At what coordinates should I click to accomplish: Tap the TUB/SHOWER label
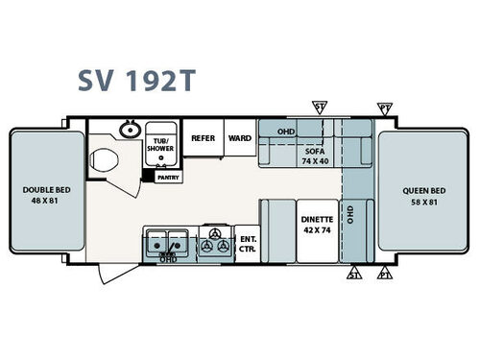click(159, 145)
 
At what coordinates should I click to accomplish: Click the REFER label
click(203, 138)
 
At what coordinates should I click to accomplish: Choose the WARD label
click(239, 138)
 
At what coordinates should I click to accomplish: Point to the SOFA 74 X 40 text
click(314, 154)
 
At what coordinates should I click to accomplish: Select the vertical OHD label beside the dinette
click(351, 212)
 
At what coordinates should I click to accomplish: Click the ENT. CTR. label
click(248, 243)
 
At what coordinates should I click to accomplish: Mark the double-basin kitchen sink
click(166, 244)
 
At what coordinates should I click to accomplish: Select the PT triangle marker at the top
click(385, 107)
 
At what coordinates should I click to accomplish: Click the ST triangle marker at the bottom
click(353, 276)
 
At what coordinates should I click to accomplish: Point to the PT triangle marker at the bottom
click(385, 276)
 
